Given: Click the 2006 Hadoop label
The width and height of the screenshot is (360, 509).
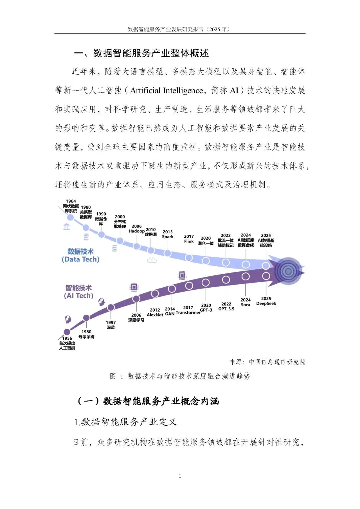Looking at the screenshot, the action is click(137, 229).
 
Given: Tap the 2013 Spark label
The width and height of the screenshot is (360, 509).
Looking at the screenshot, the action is click(168, 234).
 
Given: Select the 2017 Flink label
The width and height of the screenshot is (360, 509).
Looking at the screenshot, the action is click(189, 239).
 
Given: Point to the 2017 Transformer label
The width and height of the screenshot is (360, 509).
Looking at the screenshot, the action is click(188, 310).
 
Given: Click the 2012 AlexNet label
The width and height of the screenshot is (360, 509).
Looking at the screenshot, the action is click(155, 312).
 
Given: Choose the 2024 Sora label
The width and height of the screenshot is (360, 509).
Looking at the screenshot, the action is click(245, 302).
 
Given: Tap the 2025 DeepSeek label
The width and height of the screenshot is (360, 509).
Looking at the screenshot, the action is click(266, 301).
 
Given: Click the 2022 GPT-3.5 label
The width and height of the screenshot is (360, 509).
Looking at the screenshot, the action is click(226, 306).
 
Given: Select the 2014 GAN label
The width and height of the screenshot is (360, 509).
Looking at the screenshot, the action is click(170, 311).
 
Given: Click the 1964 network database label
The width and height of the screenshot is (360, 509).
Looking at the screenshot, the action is click(71, 206).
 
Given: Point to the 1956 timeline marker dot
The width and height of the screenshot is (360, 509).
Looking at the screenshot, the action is click(67, 332).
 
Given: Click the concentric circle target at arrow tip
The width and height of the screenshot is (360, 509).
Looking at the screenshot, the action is click(288, 271).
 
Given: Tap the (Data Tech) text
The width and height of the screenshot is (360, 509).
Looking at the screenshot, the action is click(81, 259).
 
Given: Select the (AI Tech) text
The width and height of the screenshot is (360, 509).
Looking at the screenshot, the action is click(79, 296).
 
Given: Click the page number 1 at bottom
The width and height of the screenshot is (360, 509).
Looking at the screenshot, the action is click(180, 476).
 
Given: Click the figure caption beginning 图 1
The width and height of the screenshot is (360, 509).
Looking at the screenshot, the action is click(180, 376).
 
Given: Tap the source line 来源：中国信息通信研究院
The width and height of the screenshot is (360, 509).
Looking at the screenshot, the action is click(267, 362).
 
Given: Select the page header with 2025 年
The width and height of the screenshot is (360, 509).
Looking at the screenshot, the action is click(179, 29).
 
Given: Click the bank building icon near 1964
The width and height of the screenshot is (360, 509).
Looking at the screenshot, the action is click(67, 227).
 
